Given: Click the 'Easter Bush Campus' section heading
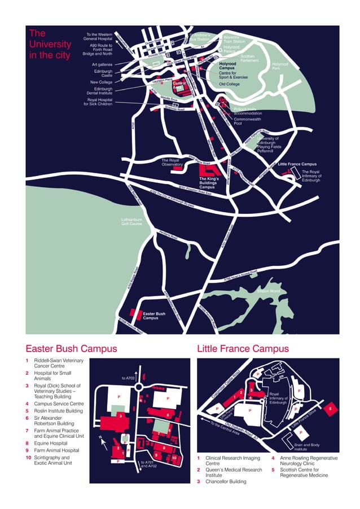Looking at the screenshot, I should coord(72,348).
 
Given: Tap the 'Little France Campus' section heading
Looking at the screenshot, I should coord(243,348).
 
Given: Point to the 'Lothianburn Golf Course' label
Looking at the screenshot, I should coord(131,222).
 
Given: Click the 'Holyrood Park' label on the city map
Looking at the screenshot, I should coord(280,67).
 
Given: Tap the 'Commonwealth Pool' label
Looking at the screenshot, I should coord(248,121).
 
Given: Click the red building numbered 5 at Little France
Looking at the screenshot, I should coord(331,407).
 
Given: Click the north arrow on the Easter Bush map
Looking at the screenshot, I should coord(102,441).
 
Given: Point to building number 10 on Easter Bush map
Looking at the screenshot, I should coord(175,458).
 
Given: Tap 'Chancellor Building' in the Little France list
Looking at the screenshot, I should coord(225,481).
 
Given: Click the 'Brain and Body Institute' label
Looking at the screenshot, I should coord(307,447).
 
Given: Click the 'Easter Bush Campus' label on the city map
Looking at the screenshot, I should coord(153,315).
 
